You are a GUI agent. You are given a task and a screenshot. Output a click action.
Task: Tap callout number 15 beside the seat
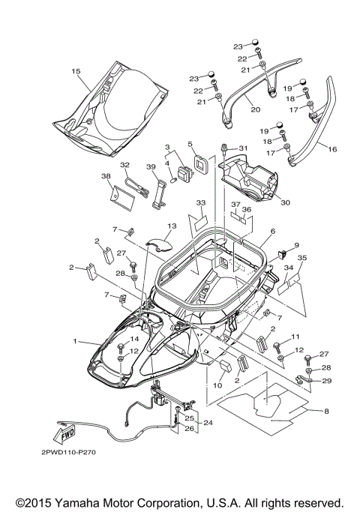(76, 70)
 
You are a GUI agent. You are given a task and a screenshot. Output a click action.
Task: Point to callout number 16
(332, 149)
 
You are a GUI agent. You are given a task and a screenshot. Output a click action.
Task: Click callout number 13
(172, 226)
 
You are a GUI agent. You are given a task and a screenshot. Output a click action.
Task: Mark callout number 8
(326, 410)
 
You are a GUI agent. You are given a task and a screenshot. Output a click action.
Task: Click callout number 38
(105, 177)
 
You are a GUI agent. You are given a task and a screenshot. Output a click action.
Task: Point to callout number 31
(242, 148)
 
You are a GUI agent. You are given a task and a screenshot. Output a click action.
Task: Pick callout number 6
(272, 232)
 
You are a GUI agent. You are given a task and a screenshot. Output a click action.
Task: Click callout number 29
(327, 381)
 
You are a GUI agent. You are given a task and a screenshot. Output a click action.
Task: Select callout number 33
(200, 203)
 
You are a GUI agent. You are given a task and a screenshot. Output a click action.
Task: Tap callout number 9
(295, 245)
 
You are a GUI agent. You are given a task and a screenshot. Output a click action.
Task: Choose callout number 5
(190, 144)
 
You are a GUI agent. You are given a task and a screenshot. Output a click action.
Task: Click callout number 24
(208, 423)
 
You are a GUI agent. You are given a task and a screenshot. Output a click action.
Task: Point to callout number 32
(125, 164)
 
